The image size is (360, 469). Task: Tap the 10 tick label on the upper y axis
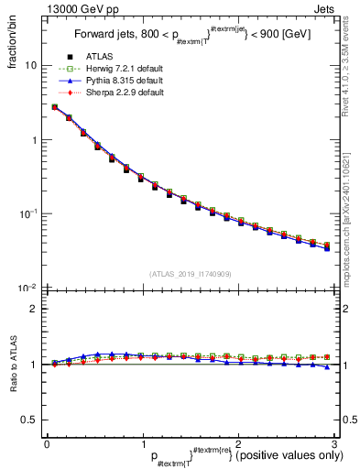tap(31, 66)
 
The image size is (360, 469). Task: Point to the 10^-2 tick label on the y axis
tap(27, 287)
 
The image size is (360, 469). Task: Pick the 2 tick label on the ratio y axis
tap(34, 309)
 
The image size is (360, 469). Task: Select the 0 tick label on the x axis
tap(47, 443)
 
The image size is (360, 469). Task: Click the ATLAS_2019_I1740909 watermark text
tap(191, 273)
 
